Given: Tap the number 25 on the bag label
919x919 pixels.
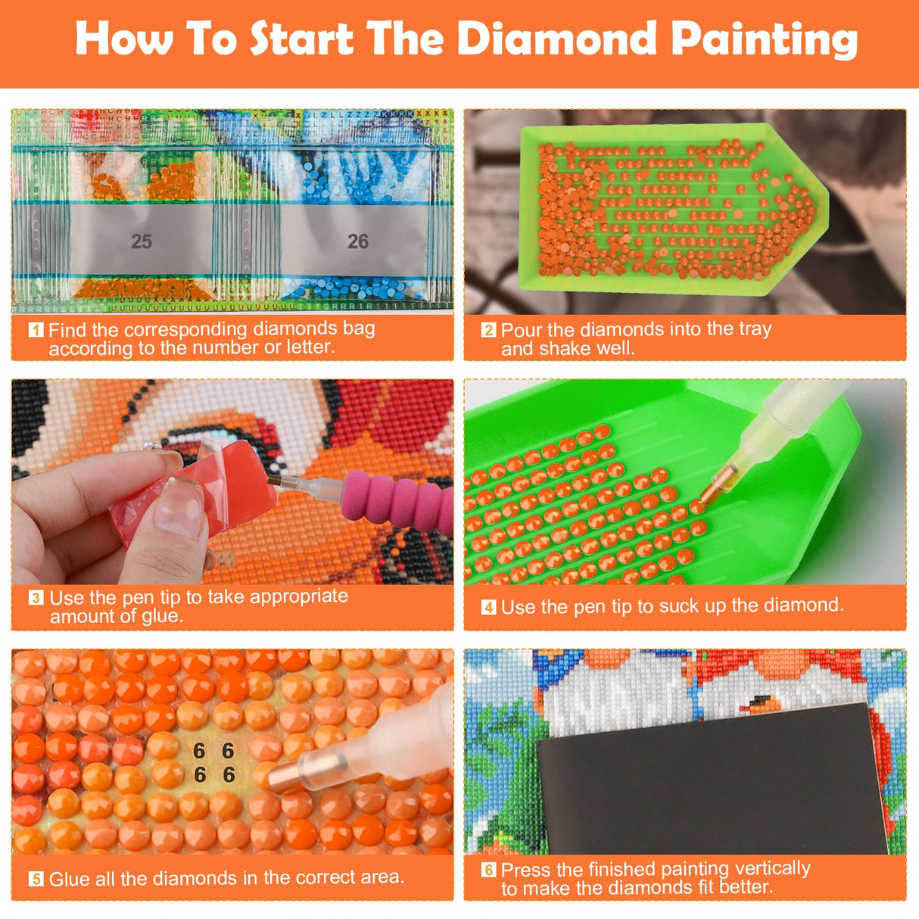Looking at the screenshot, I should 142,241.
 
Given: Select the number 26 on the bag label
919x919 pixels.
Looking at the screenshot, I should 358,241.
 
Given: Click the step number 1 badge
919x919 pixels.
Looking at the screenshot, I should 36,330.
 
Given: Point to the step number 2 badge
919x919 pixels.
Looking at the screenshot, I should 488,330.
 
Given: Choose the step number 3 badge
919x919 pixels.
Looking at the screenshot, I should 36,598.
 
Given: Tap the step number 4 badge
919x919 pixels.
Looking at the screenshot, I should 488,607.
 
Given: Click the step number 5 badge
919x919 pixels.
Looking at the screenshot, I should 36,879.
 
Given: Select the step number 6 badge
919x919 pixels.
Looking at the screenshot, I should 488,870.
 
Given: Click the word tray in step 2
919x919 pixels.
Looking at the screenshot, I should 754,329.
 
